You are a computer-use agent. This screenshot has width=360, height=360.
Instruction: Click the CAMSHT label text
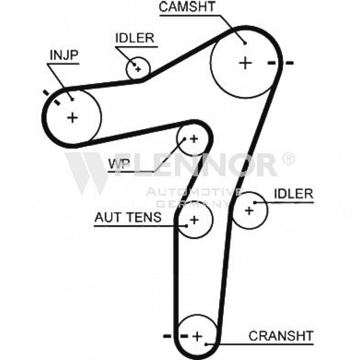tap(186, 6)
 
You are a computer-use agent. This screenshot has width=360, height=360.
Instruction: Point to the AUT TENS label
tap(128, 217)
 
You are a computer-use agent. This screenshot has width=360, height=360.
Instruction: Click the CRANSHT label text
tap(281, 336)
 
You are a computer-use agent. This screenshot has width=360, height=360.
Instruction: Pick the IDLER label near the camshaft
tap(135, 38)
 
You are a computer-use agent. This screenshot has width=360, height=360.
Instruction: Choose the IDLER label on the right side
tap(293, 194)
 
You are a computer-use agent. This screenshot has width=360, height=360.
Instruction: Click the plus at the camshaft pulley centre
tap(246, 63)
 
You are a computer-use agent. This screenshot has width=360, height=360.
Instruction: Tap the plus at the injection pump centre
tap(73, 118)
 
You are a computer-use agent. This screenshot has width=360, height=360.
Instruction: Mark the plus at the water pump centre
tap(194, 139)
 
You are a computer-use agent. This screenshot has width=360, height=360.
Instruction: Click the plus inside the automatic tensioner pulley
tap(194, 220)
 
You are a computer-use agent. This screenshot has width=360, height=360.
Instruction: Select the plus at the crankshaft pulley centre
tap(197, 336)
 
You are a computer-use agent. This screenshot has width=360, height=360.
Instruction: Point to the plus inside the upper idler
tap(138, 69)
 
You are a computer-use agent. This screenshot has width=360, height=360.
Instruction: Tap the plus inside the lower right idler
tap(249, 210)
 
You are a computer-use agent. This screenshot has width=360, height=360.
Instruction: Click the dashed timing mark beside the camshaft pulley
tap(280, 63)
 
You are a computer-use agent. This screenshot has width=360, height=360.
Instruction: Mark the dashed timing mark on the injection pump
tap(51, 98)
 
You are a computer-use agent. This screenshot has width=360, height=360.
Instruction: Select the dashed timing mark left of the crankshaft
tap(176, 336)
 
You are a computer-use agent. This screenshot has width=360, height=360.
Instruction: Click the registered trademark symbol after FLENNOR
tap(288, 159)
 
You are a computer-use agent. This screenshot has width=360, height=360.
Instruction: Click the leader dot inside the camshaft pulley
tap(245, 43)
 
